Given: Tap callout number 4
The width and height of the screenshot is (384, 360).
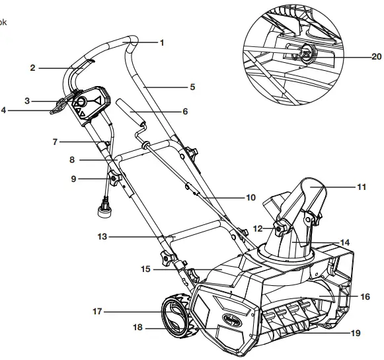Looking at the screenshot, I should [x=3, y=110].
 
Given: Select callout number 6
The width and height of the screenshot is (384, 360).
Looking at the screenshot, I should [x=186, y=112].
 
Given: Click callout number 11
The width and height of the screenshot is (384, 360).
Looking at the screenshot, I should [x=361, y=188].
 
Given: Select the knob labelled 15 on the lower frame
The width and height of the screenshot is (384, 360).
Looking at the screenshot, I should [x=172, y=259].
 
